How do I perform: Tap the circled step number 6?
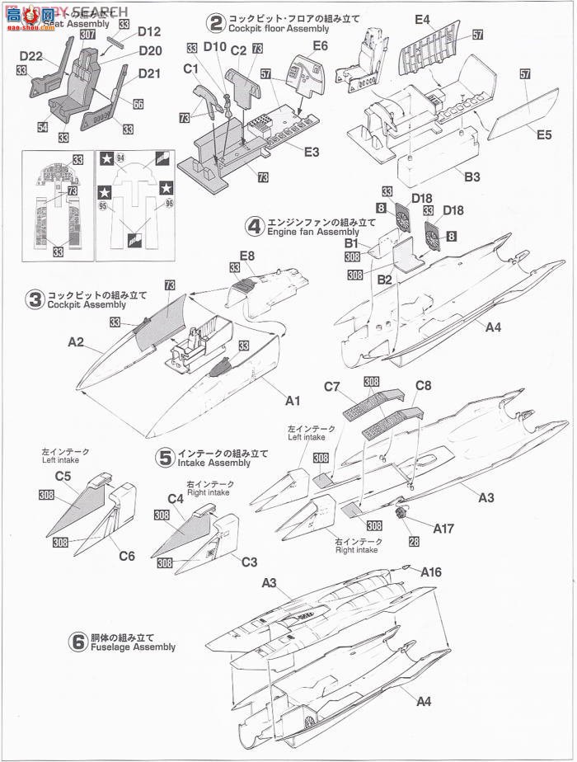click(78, 642)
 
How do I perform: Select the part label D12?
click(149, 32)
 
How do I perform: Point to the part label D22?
click(30, 55)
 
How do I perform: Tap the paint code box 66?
click(138, 104)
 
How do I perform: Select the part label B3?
click(471, 176)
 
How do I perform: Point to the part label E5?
click(542, 134)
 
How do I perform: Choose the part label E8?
click(246, 256)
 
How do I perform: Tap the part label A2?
click(76, 341)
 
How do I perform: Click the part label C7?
click(332, 386)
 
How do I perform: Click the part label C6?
click(126, 557)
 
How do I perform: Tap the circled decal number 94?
click(121, 157)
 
